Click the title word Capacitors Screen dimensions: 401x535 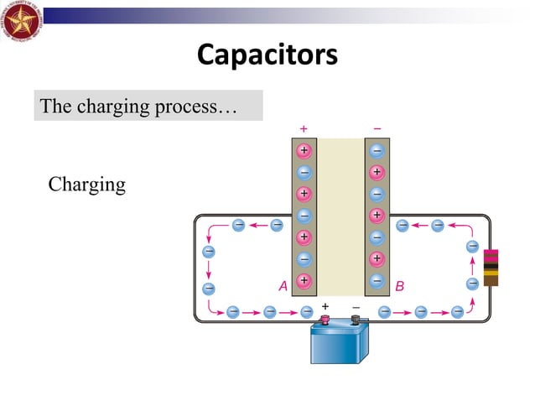tap(267, 55)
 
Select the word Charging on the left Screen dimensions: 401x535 tap(86, 185)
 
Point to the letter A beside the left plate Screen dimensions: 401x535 tap(283, 286)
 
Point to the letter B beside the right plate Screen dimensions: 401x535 tap(399, 286)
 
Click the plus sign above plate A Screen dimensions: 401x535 tap(303, 128)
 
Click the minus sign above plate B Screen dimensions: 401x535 tap(377, 128)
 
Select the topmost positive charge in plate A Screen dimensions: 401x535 tap(304, 151)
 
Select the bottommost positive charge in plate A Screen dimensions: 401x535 tap(304, 280)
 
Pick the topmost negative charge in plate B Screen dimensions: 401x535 tap(377, 151)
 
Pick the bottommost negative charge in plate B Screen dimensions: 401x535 tap(377, 280)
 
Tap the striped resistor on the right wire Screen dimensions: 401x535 tap(491, 267)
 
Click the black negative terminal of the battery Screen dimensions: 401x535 tap(355, 320)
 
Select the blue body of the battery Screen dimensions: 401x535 tap(340, 344)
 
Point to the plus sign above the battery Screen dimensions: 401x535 tap(325, 306)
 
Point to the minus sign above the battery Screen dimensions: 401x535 tap(355, 306)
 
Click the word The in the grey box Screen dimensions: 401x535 tap(56, 107)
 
